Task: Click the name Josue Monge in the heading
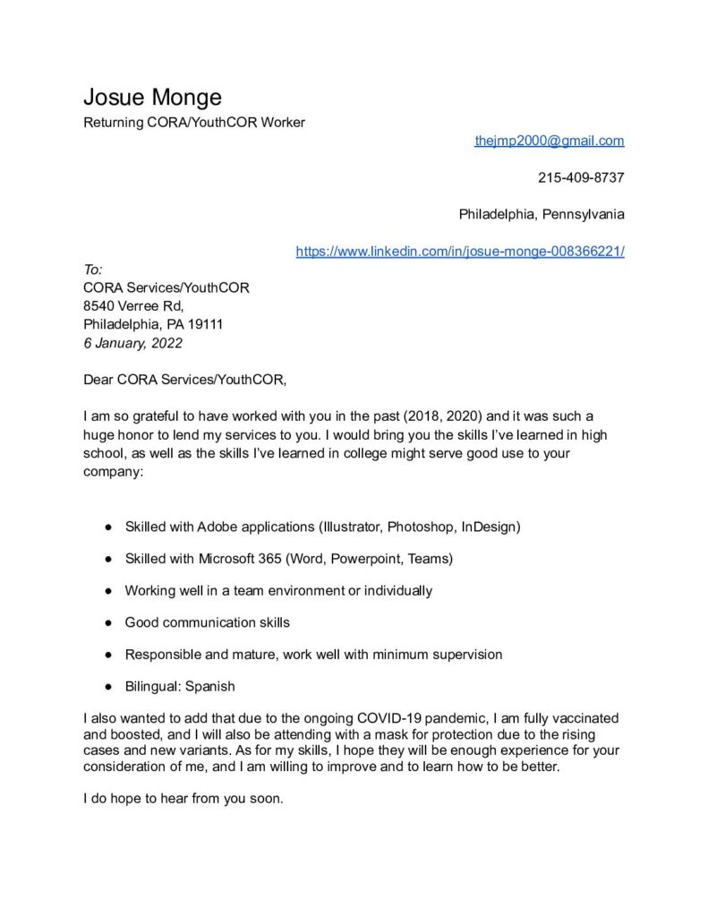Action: [152, 97]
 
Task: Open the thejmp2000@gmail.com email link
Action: [549, 141]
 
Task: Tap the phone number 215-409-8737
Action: [581, 177]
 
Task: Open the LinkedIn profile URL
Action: [460, 252]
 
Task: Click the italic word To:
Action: [93, 270]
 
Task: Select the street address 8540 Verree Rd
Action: [132, 306]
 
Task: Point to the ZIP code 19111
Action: [205, 324]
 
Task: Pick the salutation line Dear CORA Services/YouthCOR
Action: [184, 380]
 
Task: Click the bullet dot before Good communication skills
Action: [107, 622]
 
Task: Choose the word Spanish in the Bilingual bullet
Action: [210, 687]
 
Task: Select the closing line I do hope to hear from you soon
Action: [183, 799]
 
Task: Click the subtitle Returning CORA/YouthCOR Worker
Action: [194, 123]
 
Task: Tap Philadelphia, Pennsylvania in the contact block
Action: [542, 215]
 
